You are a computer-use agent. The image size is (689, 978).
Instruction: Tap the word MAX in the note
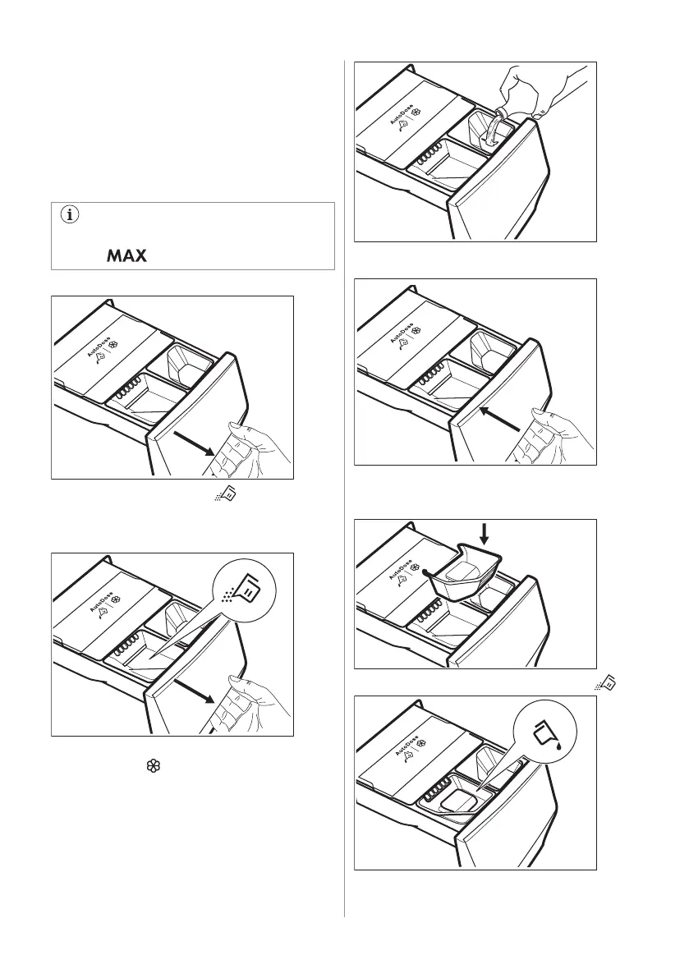[x=126, y=256]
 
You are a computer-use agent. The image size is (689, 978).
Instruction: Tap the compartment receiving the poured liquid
[x=489, y=131]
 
